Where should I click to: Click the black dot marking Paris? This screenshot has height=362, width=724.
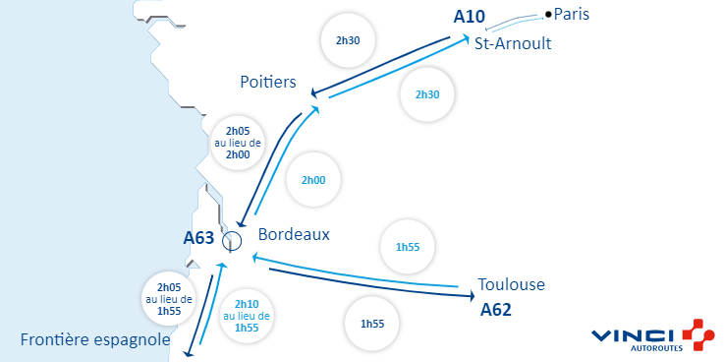coord(548,14)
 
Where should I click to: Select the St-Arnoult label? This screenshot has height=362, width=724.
coord(512,43)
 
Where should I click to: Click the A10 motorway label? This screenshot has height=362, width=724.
coord(471,17)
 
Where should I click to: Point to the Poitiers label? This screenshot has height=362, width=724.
coord(268,83)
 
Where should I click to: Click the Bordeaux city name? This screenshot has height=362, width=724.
coord(294,235)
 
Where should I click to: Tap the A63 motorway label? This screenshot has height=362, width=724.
coord(198,237)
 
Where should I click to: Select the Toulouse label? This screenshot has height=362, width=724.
coord(511,285)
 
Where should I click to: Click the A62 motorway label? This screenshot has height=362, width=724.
coord(496,309)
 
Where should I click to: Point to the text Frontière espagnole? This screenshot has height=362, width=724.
coord(94,340)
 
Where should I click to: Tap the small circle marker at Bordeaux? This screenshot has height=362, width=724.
coord(232,239)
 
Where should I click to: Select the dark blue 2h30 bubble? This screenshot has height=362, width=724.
coord(349,41)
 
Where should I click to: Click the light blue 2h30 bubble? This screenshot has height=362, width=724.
coord(427,94)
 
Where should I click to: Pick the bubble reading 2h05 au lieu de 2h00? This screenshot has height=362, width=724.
coord(238,143)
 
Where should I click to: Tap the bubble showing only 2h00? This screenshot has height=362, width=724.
coord(313,181)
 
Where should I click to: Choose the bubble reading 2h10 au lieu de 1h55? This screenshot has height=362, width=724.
coord(247,316)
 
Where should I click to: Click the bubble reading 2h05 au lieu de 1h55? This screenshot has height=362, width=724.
coord(169,299)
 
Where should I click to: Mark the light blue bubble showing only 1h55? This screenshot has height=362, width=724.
coord(408,247)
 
